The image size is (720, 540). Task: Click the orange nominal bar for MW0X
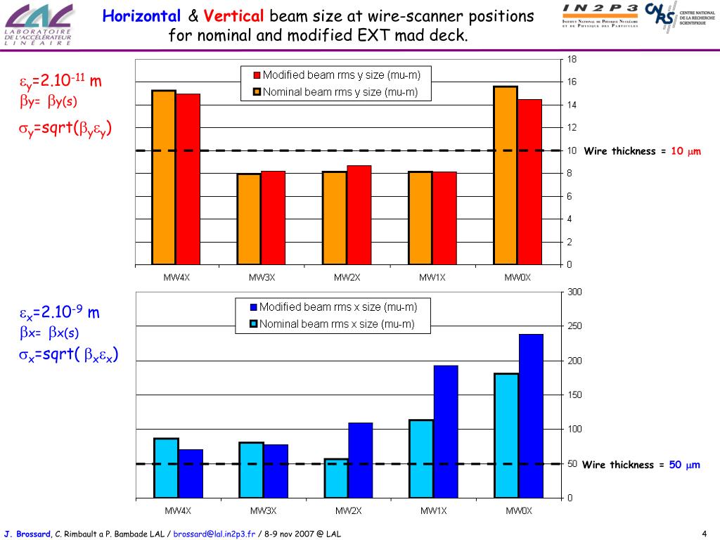[506, 175]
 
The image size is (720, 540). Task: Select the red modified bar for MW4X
[188, 179]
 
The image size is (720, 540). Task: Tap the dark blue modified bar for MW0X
[531, 416]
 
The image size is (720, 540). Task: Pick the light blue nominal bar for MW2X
[336, 478]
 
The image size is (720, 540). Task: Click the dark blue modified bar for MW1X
[446, 431]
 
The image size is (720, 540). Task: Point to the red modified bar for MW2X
[359, 214]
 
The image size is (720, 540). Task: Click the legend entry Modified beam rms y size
[335, 75]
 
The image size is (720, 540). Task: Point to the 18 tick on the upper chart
[572, 59]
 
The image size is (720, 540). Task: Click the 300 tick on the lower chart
[574, 292]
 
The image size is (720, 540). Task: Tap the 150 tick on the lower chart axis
[574, 395]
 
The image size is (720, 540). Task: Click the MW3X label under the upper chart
[262, 278]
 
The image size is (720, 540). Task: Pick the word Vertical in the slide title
[235, 16]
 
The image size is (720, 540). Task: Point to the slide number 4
[704, 533]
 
